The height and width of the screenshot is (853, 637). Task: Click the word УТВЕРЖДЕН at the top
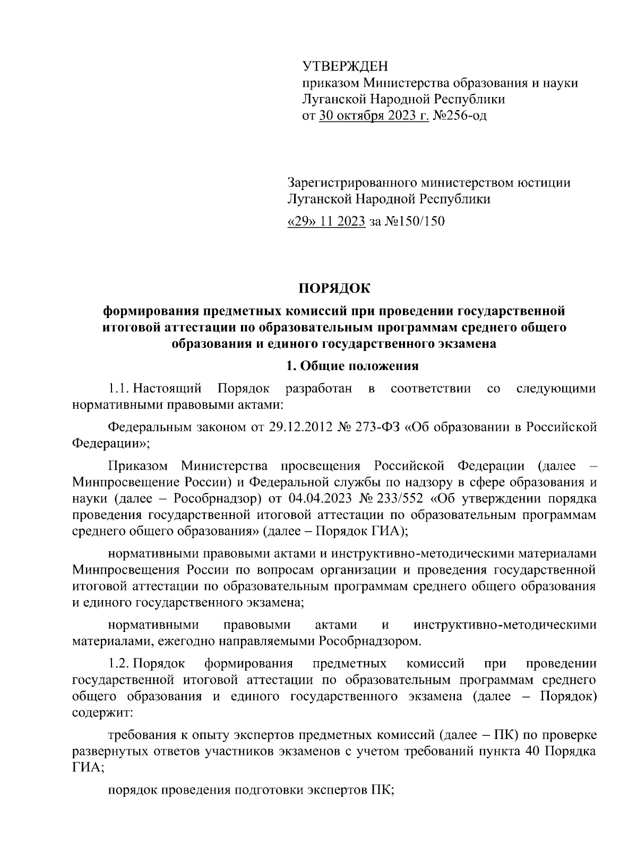point(345,66)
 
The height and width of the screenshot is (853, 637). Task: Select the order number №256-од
point(460,115)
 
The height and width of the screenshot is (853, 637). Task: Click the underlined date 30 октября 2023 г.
point(374,115)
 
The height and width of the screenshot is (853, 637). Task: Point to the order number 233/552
point(399,499)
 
